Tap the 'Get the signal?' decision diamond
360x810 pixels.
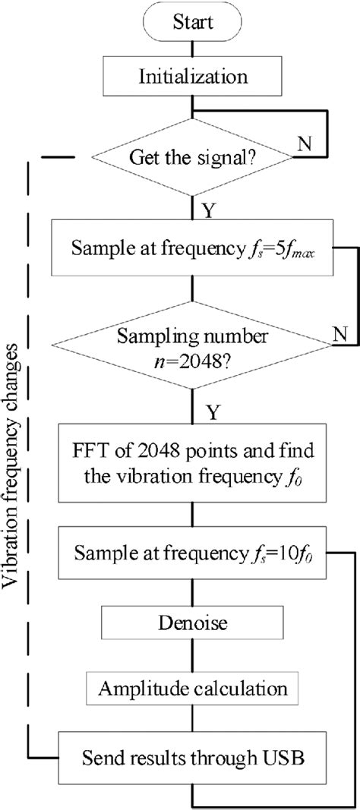192,158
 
